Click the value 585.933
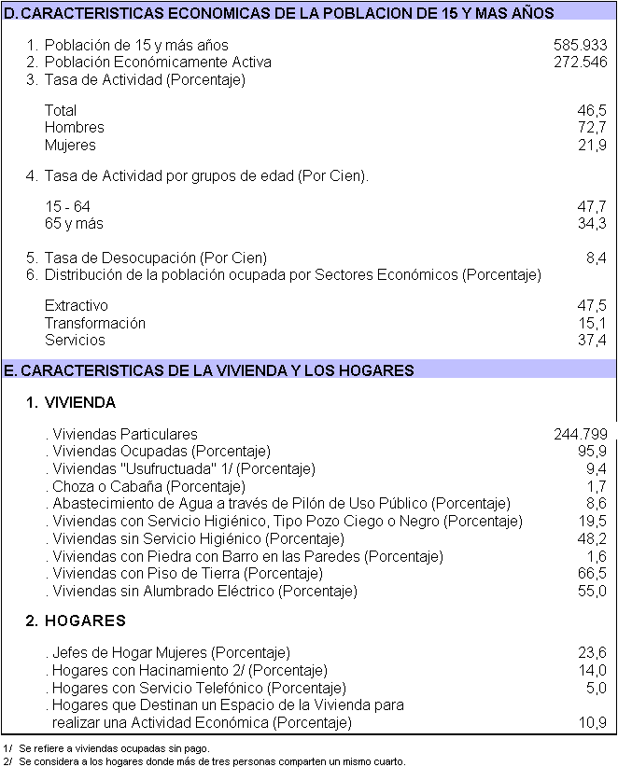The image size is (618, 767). click(x=580, y=45)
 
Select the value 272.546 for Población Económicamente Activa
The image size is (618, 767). click(x=580, y=63)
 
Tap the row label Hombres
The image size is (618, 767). click(x=75, y=128)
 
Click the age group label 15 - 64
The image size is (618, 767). click(x=67, y=206)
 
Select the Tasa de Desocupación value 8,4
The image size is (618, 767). click(x=596, y=258)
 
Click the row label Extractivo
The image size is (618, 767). click(x=77, y=306)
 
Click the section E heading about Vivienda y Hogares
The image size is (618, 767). click(x=209, y=371)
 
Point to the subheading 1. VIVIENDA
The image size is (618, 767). click(x=71, y=403)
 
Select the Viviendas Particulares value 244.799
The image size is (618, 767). click(x=580, y=434)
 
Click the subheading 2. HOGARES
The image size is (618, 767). click(x=76, y=621)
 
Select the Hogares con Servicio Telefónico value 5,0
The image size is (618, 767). click(x=596, y=688)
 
